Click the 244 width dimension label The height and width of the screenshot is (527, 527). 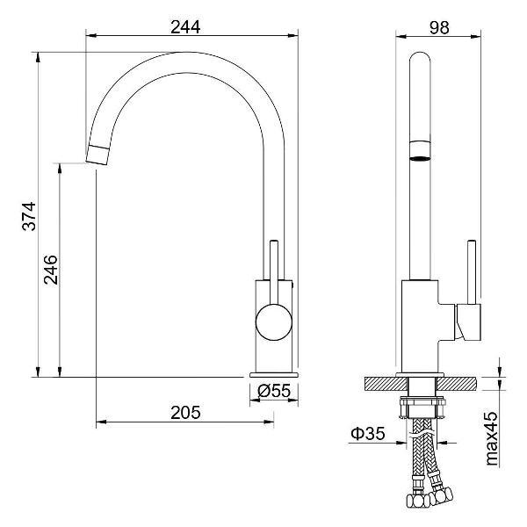185,27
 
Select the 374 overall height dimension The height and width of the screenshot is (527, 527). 29,216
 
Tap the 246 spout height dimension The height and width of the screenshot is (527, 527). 51,270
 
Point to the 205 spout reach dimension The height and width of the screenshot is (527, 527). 185,413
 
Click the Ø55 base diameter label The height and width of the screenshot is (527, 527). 274,391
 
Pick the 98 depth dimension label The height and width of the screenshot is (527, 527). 439,27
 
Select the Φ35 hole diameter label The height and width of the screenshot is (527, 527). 368,434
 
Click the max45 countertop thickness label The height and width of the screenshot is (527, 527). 492,438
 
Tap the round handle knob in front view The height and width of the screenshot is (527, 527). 274,322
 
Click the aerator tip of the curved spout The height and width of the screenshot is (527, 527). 97,155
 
